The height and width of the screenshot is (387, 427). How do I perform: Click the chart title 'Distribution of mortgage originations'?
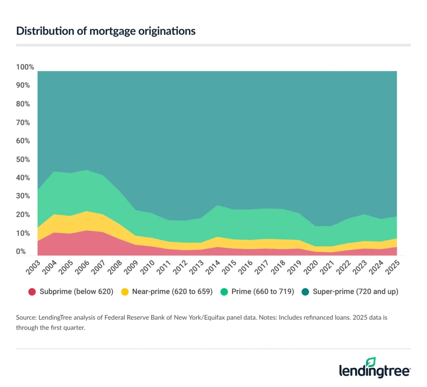coord(106,31)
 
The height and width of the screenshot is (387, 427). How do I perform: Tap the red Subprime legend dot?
coord(33,292)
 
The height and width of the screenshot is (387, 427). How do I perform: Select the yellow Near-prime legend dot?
coord(125,292)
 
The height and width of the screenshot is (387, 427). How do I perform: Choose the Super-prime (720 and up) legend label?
coord(355,292)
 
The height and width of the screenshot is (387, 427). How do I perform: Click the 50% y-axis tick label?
coord(24,159)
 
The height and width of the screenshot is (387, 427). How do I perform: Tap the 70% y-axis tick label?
coord(24,122)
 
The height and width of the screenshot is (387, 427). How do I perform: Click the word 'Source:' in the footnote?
coord(27,318)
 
